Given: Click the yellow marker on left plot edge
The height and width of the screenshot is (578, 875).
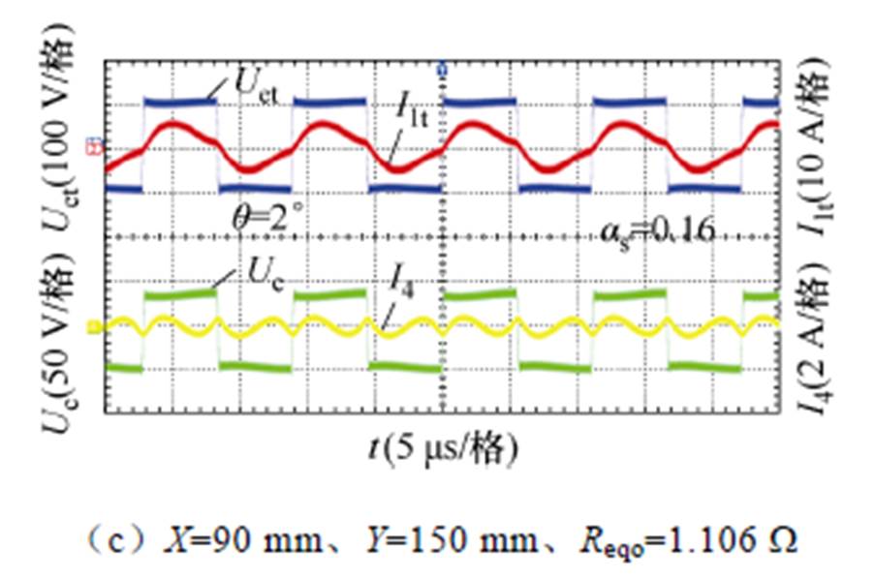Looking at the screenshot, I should (94, 327).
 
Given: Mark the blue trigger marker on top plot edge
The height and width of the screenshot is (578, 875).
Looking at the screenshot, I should (443, 70).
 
